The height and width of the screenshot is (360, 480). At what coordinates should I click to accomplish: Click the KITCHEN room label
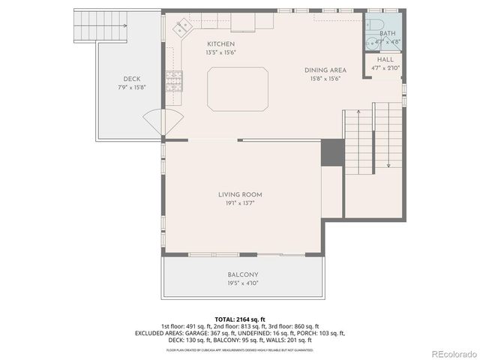click(x=200, y=44)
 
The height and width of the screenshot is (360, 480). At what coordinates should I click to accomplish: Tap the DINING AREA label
click(x=324, y=70)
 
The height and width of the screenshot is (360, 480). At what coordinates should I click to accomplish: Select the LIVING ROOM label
click(x=240, y=194)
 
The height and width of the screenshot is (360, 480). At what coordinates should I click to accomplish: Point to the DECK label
click(x=132, y=79)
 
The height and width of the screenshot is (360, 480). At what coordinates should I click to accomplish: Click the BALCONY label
click(x=242, y=274)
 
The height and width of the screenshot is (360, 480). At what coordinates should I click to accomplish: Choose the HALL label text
click(x=385, y=59)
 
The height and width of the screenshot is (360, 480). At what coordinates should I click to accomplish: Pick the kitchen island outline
click(x=238, y=88)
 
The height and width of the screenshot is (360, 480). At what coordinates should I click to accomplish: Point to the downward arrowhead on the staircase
click(x=388, y=165)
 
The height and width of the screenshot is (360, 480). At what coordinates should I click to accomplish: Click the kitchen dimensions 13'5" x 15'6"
click(x=200, y=53)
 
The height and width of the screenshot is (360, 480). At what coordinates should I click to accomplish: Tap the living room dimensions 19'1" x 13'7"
click(x=240, y=203)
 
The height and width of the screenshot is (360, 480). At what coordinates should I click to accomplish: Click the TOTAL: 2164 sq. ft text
click(x=239, y=319)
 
